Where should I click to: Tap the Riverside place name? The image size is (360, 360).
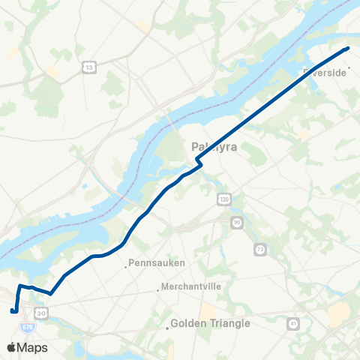325,72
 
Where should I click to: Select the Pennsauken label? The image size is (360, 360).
157,263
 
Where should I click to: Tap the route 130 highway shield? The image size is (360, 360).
223,199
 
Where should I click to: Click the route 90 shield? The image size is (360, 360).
236,222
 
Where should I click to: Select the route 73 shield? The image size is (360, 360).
260,248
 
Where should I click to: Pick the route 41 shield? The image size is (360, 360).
293,323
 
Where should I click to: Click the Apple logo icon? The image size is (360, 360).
11,347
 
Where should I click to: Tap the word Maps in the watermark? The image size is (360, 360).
32,347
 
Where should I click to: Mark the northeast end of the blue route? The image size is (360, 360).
347,49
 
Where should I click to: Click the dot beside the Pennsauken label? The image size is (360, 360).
126,264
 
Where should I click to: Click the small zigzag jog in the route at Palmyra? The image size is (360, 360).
198,161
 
